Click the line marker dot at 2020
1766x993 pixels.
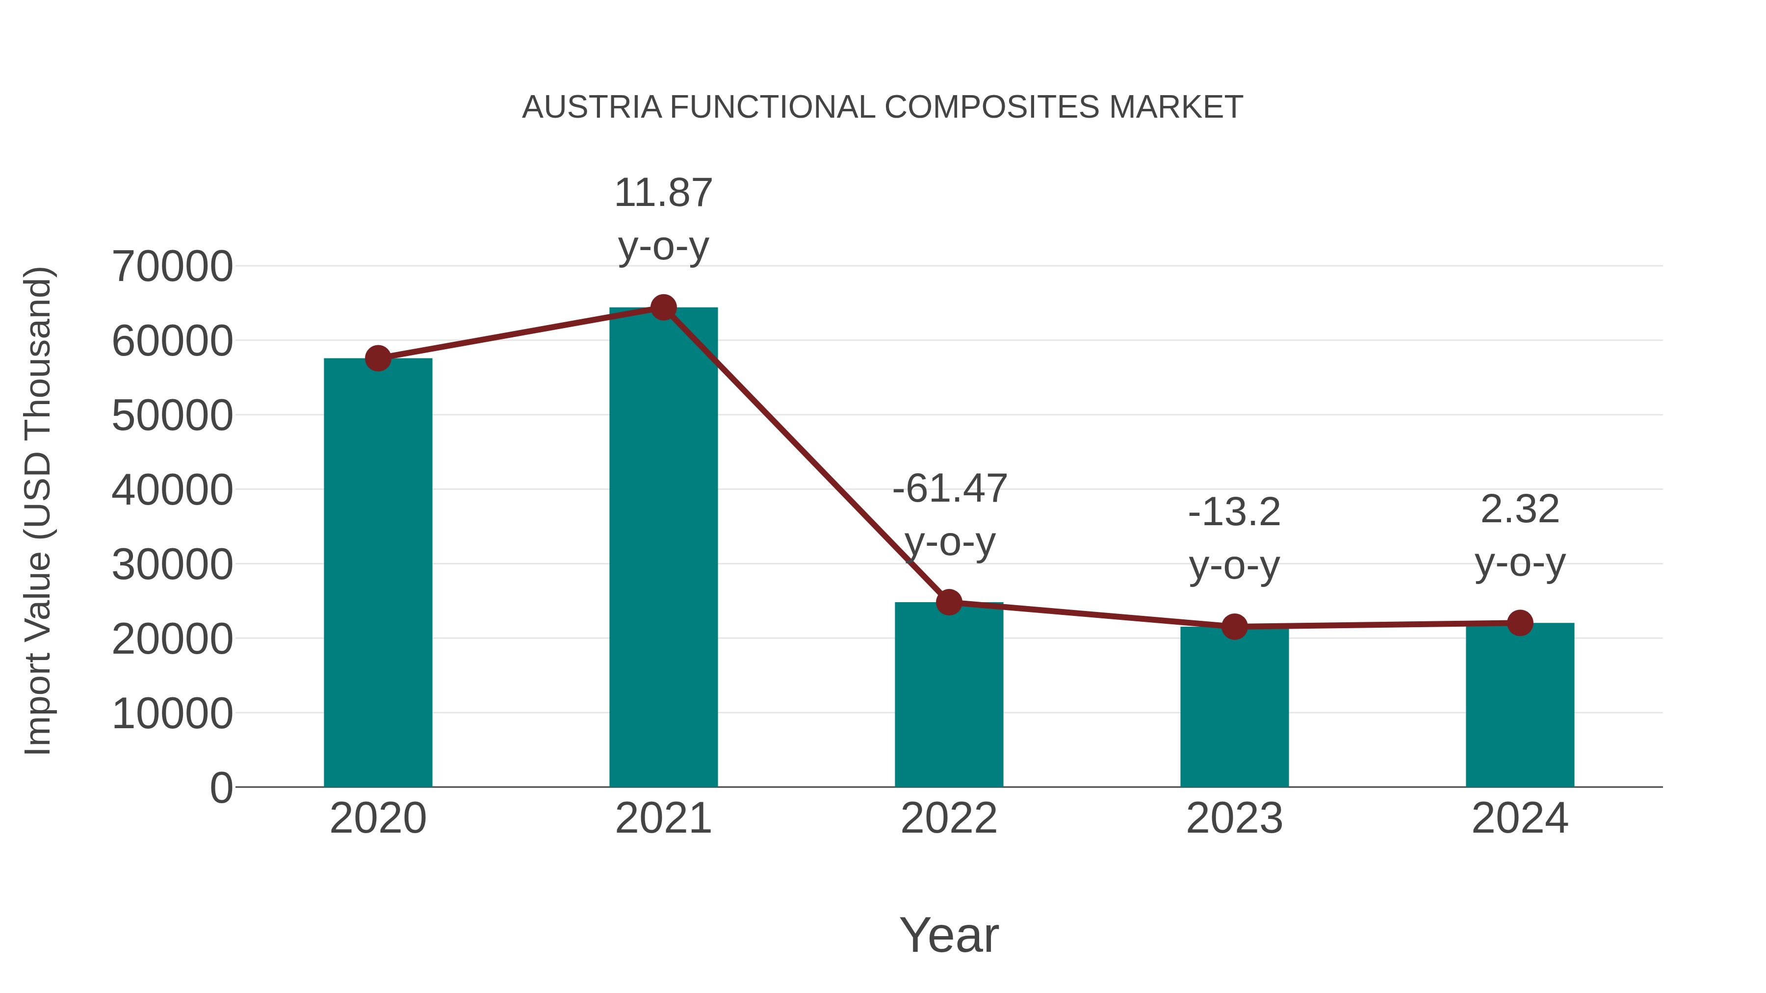[x=378, y=358]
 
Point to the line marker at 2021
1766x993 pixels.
[x=663, y=307]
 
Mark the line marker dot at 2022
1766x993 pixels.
[x=949, y=602]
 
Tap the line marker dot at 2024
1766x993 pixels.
[x=1520, y=623]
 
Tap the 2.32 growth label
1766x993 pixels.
[x=1520, y=536]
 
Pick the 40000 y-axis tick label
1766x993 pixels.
[x=172, y=490]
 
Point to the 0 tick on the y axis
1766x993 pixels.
[x=221, y=788]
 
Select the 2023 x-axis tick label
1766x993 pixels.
[x=1234, y=818]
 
